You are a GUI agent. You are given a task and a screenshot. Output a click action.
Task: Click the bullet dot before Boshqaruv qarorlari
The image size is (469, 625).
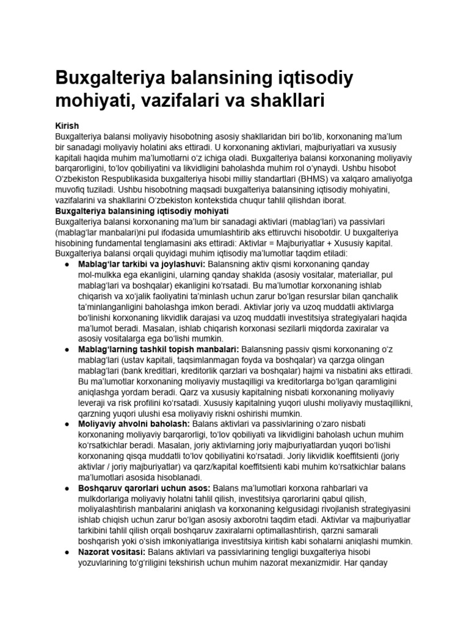point(67,488)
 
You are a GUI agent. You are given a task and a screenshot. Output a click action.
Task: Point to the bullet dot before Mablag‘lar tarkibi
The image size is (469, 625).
point(67,265)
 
